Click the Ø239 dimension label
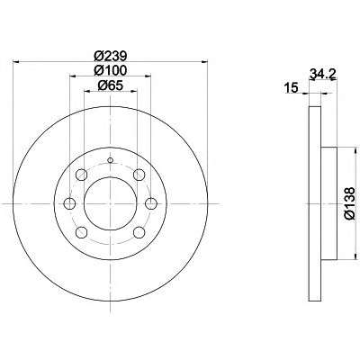point(111,56)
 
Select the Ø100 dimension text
point(111,70)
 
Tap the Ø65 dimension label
point(111,85)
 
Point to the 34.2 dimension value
point(322,74)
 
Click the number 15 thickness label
point(292,88)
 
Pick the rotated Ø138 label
point(350,204)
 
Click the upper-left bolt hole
point(81,175)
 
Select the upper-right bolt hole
point(139,175)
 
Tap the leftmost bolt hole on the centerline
point(70,204)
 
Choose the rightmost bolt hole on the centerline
point(151,204)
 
